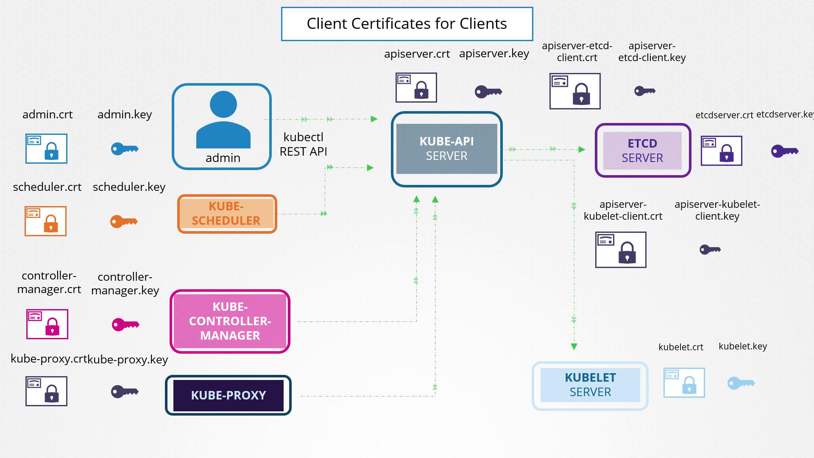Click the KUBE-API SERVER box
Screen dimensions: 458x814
tap(446, 149)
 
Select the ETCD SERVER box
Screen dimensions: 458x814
tap(642, 151)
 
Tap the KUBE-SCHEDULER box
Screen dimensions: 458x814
tap(227, 214)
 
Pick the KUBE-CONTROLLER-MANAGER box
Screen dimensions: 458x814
tap(230, 321)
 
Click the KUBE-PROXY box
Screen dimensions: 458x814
tap(228, 395)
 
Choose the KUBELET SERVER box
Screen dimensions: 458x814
tap(590, 385)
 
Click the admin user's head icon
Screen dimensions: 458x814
tap(223, 104)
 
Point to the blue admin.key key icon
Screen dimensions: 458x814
tap(124, 149)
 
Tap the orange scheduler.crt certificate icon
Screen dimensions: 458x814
tap(46, 221)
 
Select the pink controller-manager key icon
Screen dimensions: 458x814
tap(125, 324)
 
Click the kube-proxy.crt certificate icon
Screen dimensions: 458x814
tap(46, 391)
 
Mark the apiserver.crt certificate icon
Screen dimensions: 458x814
tap(416, 87)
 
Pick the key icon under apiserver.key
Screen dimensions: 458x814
tap(488, 92)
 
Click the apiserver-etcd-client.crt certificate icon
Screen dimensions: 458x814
tap(574, 91)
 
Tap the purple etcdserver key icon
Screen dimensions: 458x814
tap(784, 151)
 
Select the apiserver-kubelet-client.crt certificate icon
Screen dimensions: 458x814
tap(620, 250)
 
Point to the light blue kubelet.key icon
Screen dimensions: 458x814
tap(741, 383)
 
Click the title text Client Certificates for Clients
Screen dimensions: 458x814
tap(407, 24)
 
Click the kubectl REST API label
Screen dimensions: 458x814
tap(304, 144)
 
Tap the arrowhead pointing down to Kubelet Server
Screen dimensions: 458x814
tap(574, 346)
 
